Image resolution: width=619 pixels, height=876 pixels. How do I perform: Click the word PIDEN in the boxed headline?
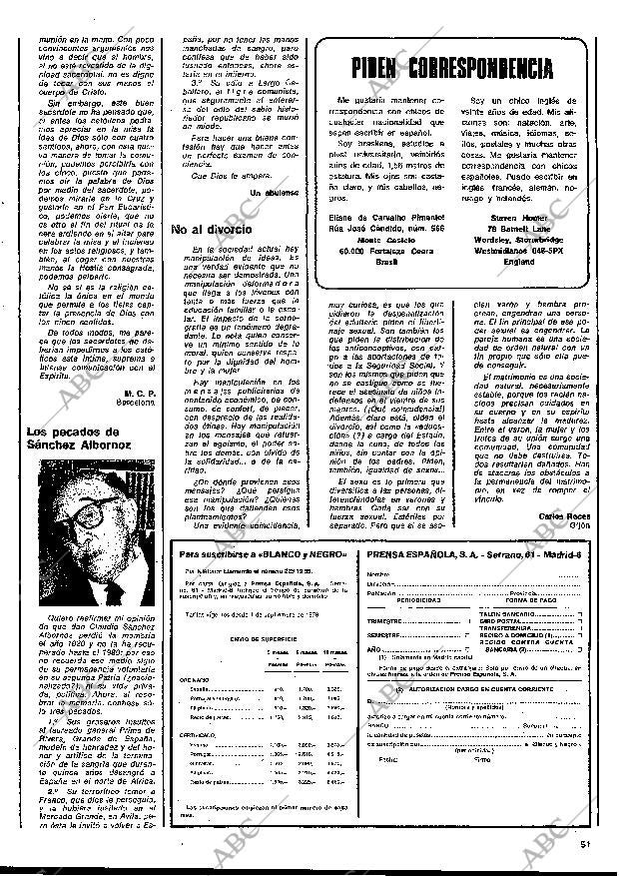(x=383, y=68)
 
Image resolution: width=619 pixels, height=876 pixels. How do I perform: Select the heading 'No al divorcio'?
(x=211, y=230)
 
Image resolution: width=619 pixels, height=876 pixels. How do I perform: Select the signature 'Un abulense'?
(x=275, y=191)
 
